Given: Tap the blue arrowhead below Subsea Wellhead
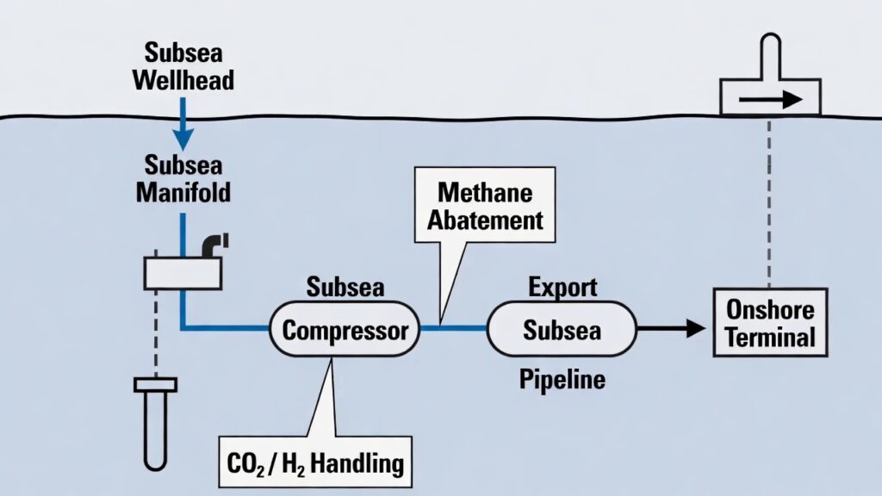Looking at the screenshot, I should pos(183,137).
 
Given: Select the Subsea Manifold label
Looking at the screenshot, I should pos(183,178).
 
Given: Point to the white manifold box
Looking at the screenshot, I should pos(183,274).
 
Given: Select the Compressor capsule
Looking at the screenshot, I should pos(345,330).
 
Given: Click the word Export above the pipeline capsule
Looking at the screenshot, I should pos(562,287).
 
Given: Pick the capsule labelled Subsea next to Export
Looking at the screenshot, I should pos(562,330).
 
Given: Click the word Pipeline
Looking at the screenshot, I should pos(562,379).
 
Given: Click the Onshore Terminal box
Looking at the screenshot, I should pos(769,322).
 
